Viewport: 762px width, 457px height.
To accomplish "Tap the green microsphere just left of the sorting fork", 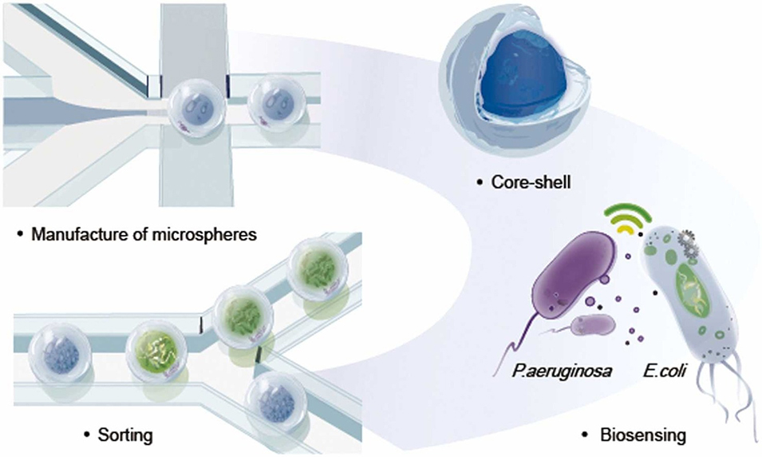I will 156,352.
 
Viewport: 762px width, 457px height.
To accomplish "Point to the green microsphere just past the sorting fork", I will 241,314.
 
